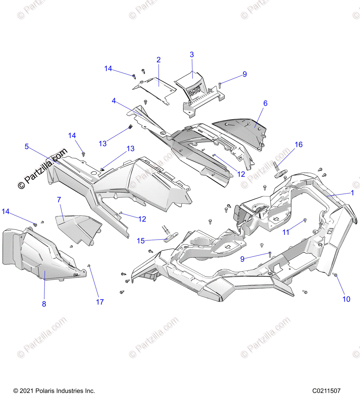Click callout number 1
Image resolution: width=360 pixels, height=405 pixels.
pyautogui.click(x=352, y=193)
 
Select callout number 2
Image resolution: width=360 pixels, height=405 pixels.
pyautogui.click(x=158, y=60)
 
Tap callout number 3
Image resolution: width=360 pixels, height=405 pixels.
pyautogui.click(x=192, y=55)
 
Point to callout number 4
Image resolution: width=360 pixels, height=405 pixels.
pyautogui.click(x=114, y=101)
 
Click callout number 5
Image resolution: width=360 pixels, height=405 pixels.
pyautogui.click(x=27, y=146)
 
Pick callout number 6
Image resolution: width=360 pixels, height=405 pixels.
pyautogui.click(x=265, y=103)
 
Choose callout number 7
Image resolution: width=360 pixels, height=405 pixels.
pyautogui.click(x=59, y=200)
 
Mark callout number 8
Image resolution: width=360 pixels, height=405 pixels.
pyautogui.click(x=44, y=304)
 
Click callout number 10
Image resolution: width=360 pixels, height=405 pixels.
pyautogui.click(x=346, y=299)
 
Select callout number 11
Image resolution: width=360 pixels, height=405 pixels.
pyautogui.click(x=286, y=232)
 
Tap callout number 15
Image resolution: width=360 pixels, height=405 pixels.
pyautogui.click(x=140, y=241)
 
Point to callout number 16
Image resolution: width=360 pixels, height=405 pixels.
pyautogui.click(x=299, y=145)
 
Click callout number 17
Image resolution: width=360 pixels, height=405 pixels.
pyautogui.click(x=100, y=302)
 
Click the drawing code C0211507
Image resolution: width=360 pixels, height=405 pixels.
pyautogui.click(x=326, y=391)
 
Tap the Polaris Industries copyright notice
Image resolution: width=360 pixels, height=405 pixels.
pyautogui.click(x=54, y=391)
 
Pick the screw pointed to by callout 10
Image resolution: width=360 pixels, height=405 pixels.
pyautogui.click(x=335, y=275)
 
